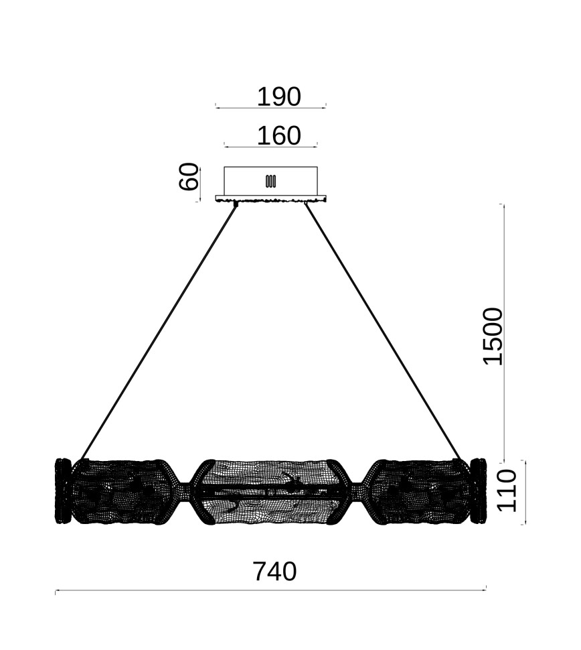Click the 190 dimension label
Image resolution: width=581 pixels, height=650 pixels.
coord(278,97)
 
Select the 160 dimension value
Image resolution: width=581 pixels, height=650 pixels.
coord(278,135)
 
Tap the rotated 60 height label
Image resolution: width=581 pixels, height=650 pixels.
coord(189,177)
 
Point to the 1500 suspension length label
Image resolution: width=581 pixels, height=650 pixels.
coord(493,336)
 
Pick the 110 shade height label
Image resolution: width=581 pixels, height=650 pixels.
coord(507,491)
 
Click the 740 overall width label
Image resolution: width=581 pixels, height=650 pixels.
coord(274,572)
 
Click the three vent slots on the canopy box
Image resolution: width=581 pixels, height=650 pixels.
coord(271,181)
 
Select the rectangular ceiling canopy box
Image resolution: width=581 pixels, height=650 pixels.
coord(271,181)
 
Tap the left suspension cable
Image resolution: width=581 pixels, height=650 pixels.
coord(159,332)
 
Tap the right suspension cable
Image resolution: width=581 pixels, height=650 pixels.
coord(384,331)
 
